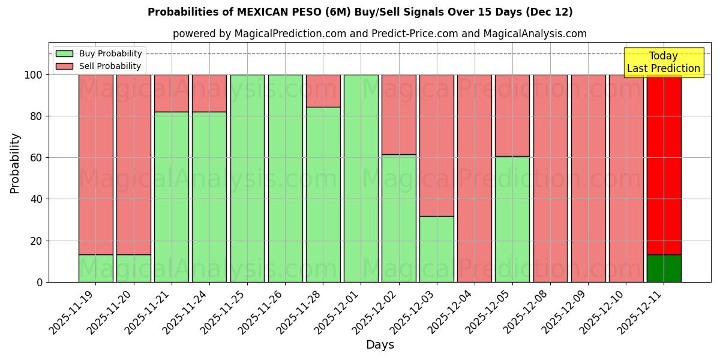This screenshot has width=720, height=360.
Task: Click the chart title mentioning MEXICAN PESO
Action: point(360,12)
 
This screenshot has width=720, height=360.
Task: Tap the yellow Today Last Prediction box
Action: point(663,62)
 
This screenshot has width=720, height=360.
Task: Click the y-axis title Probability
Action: point(15,163)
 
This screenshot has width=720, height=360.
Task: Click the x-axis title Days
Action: point(380,345)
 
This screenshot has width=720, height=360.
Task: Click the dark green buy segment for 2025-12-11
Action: point(664,268)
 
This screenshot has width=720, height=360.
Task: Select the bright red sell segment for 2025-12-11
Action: point(664,162)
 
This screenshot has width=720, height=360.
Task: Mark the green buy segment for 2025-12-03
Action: point(437,249)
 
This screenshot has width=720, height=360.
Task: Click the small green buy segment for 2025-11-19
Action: point(96,268)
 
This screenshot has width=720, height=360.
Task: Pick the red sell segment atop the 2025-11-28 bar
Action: point(323,91)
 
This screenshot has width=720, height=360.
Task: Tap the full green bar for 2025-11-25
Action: point(247,178)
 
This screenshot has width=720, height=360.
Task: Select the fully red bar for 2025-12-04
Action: point(475,178)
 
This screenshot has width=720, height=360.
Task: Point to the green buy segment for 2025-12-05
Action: point(512,219)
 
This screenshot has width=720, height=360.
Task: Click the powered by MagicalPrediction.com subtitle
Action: point(379,34)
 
